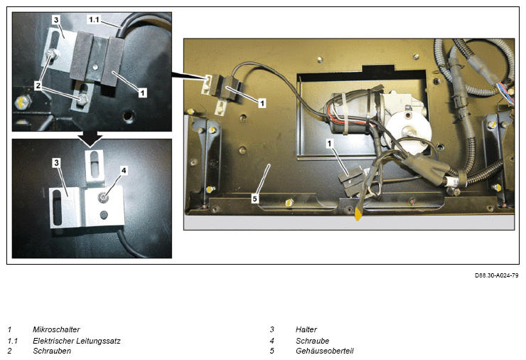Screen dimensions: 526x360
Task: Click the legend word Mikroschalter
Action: pos(56,329)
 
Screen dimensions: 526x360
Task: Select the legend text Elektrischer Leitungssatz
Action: pos(77,341)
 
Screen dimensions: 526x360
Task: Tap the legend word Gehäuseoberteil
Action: pos(324,351)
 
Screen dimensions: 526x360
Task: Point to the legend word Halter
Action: pos(306,329)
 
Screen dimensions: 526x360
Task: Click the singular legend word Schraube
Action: pos(312,341)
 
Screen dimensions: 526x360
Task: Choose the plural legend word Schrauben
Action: pos(52,351)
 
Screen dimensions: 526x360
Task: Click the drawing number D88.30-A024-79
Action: pos(496,275)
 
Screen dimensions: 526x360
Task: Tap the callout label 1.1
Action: pos(94,19)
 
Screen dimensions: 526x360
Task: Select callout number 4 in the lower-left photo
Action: pos(124,171)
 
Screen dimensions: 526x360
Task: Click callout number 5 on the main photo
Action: pos(254,198)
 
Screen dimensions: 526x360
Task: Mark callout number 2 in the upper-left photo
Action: pos(38,85)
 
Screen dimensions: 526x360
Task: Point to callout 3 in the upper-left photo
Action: pos(56,20)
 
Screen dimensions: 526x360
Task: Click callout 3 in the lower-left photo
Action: pos(56,163)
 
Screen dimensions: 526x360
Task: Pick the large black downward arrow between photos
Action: pos(90,138)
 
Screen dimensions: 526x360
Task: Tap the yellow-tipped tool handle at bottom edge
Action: pos(358,214)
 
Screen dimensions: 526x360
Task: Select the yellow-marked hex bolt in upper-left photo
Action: pos(23,102)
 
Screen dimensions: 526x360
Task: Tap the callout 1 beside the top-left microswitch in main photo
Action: pos(262,102)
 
